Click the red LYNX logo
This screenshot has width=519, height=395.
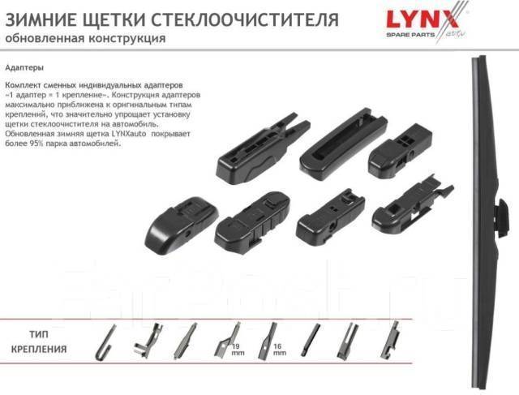[422, 19]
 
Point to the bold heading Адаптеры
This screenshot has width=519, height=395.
[24, 67]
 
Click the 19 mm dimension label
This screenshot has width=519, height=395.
[237, 350]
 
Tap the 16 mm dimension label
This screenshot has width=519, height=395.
[279, 350]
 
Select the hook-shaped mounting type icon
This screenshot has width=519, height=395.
[105, 342]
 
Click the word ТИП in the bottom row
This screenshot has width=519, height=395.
[39, 334]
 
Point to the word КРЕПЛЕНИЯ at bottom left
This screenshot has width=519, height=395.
[39, 349]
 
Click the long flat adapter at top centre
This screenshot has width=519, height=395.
[343, 144]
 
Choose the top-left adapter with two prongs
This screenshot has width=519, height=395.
[263, 149]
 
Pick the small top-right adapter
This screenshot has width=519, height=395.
[400, 151]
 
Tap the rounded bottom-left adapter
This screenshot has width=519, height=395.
[182, 223]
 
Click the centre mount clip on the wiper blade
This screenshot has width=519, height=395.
[503, 217]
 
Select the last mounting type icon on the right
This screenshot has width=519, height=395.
[391, 341]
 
